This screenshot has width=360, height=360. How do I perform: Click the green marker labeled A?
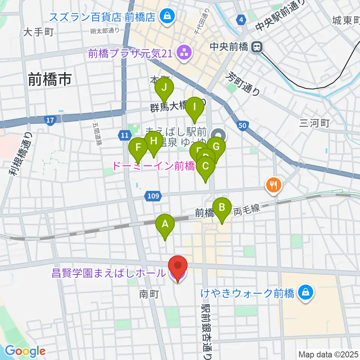165,225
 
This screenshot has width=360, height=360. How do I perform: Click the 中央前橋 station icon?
257,47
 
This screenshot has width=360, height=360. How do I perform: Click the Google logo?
25,351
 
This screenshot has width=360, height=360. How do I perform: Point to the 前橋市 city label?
50,80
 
